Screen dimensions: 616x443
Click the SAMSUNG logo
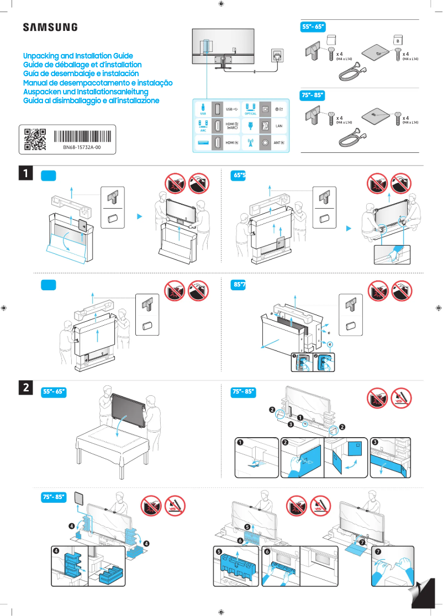pos(50,27)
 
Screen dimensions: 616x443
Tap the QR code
pos(35,140)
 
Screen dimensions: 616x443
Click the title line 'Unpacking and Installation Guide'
pos(78,56)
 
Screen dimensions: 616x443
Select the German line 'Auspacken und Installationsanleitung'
pos(86,92)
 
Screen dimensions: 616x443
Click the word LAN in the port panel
pos(279,126)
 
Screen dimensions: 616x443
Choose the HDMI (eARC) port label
pos(233,126)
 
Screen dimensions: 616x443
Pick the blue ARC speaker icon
pos(203,125)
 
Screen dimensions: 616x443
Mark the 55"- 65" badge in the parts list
pos(313,27)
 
